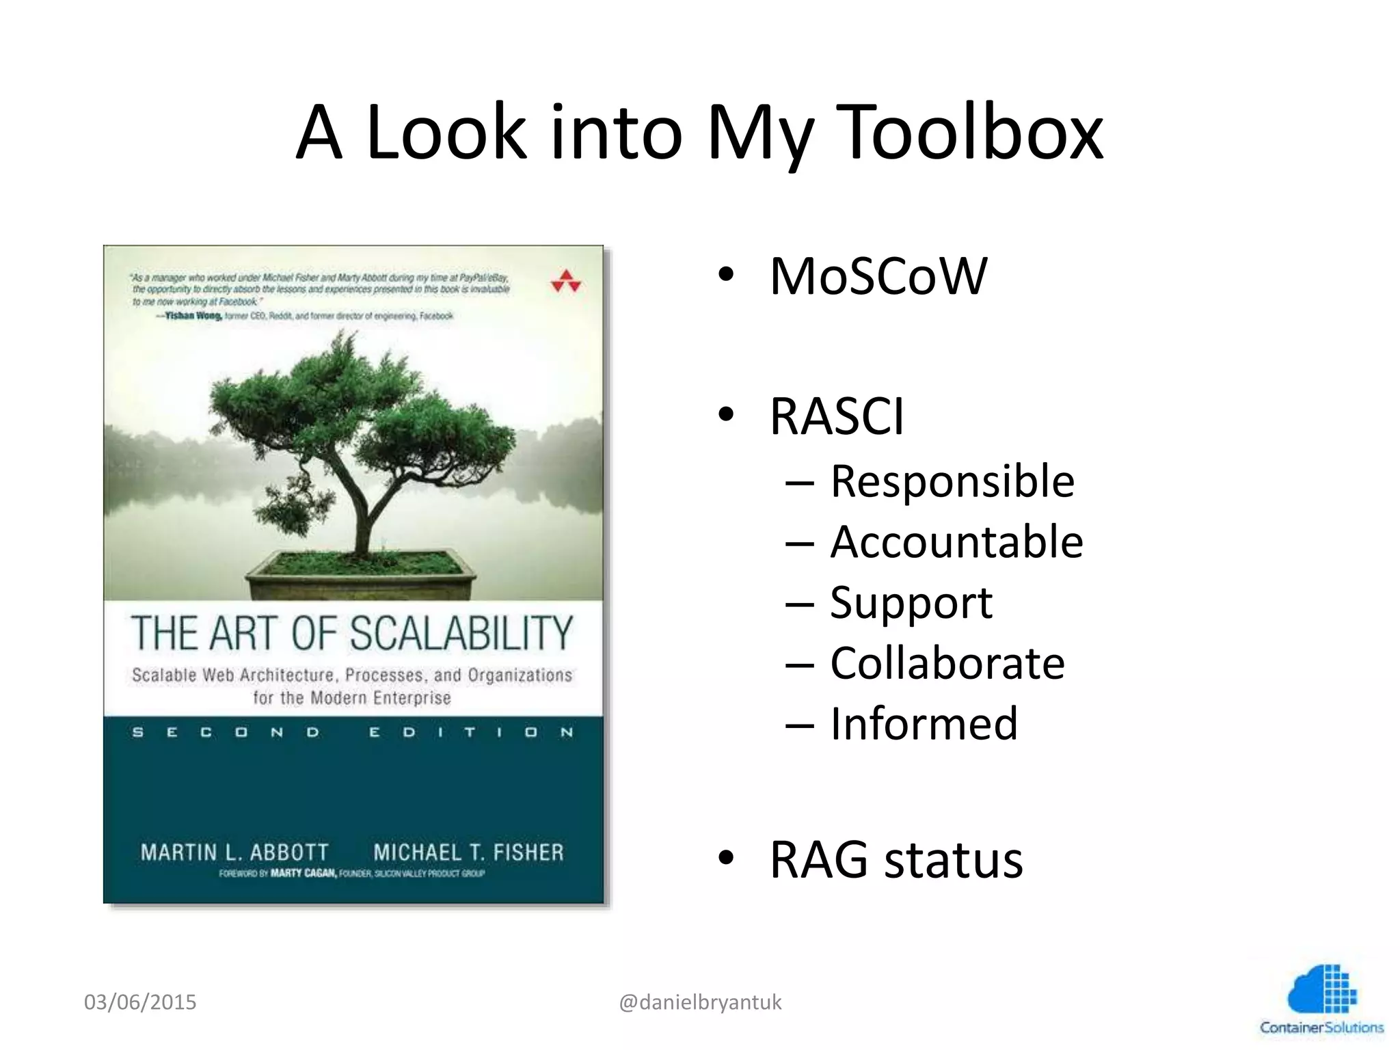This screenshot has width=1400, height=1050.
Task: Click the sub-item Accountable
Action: point(956,541)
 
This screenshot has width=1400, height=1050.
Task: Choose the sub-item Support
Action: point(911,602)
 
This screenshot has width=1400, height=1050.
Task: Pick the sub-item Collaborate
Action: point(947,662)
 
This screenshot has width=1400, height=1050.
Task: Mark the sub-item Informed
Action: point(924,723)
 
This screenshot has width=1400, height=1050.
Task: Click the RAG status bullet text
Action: point(896,859)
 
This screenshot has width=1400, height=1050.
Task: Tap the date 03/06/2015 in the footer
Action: point(140,1002)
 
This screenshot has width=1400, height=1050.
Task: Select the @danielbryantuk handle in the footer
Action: point(700,1002)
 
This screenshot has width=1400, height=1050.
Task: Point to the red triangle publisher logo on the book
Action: point(566,281)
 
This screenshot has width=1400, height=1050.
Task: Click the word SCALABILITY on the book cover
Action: point(462,633)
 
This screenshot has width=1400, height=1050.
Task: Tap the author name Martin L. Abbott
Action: point(234,852)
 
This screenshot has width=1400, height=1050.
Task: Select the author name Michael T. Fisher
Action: point(469,852)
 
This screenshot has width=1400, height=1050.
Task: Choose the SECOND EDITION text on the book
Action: point(353,733)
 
